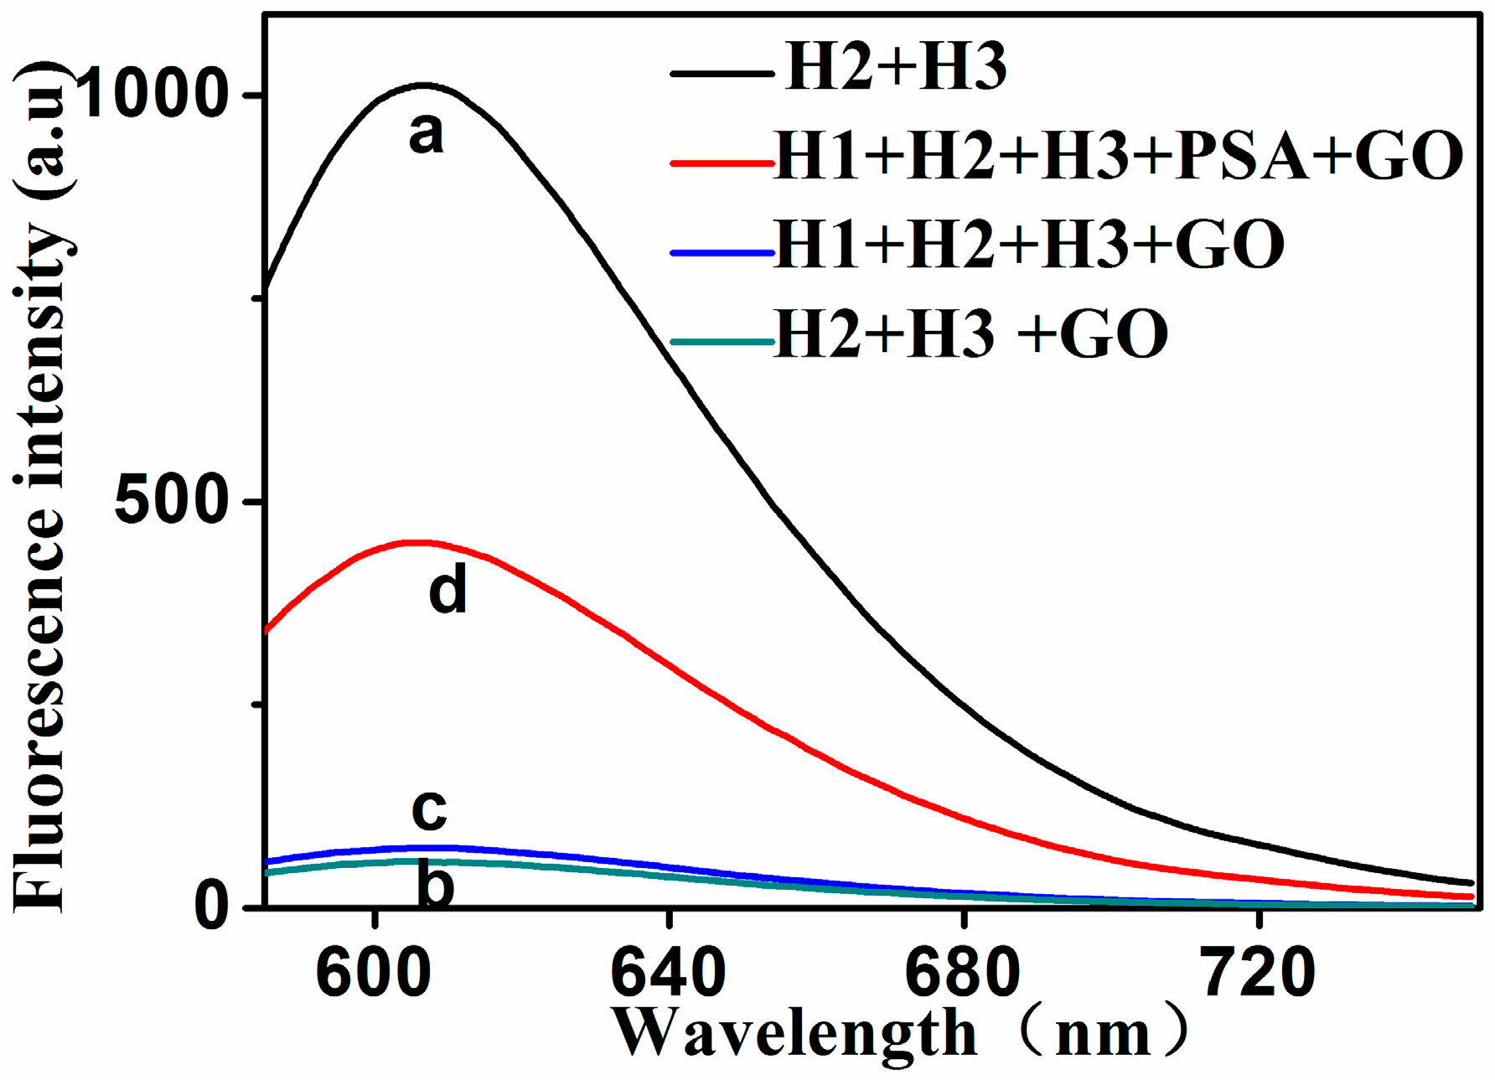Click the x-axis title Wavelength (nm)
point(901,1033)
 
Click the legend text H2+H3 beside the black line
point(896,67)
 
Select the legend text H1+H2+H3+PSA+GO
point(1119,156)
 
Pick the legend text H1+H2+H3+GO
point(1030,245)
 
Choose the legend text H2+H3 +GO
point(971,333)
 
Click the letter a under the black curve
point(426,134)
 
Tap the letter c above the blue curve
point(429,810)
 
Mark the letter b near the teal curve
point(436,886)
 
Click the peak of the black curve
point(424,85)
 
